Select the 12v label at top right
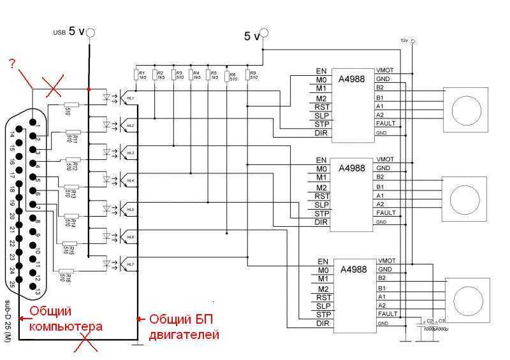coord(404,40)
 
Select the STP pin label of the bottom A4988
coord(322,314)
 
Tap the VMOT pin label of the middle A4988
coord(385,159)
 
